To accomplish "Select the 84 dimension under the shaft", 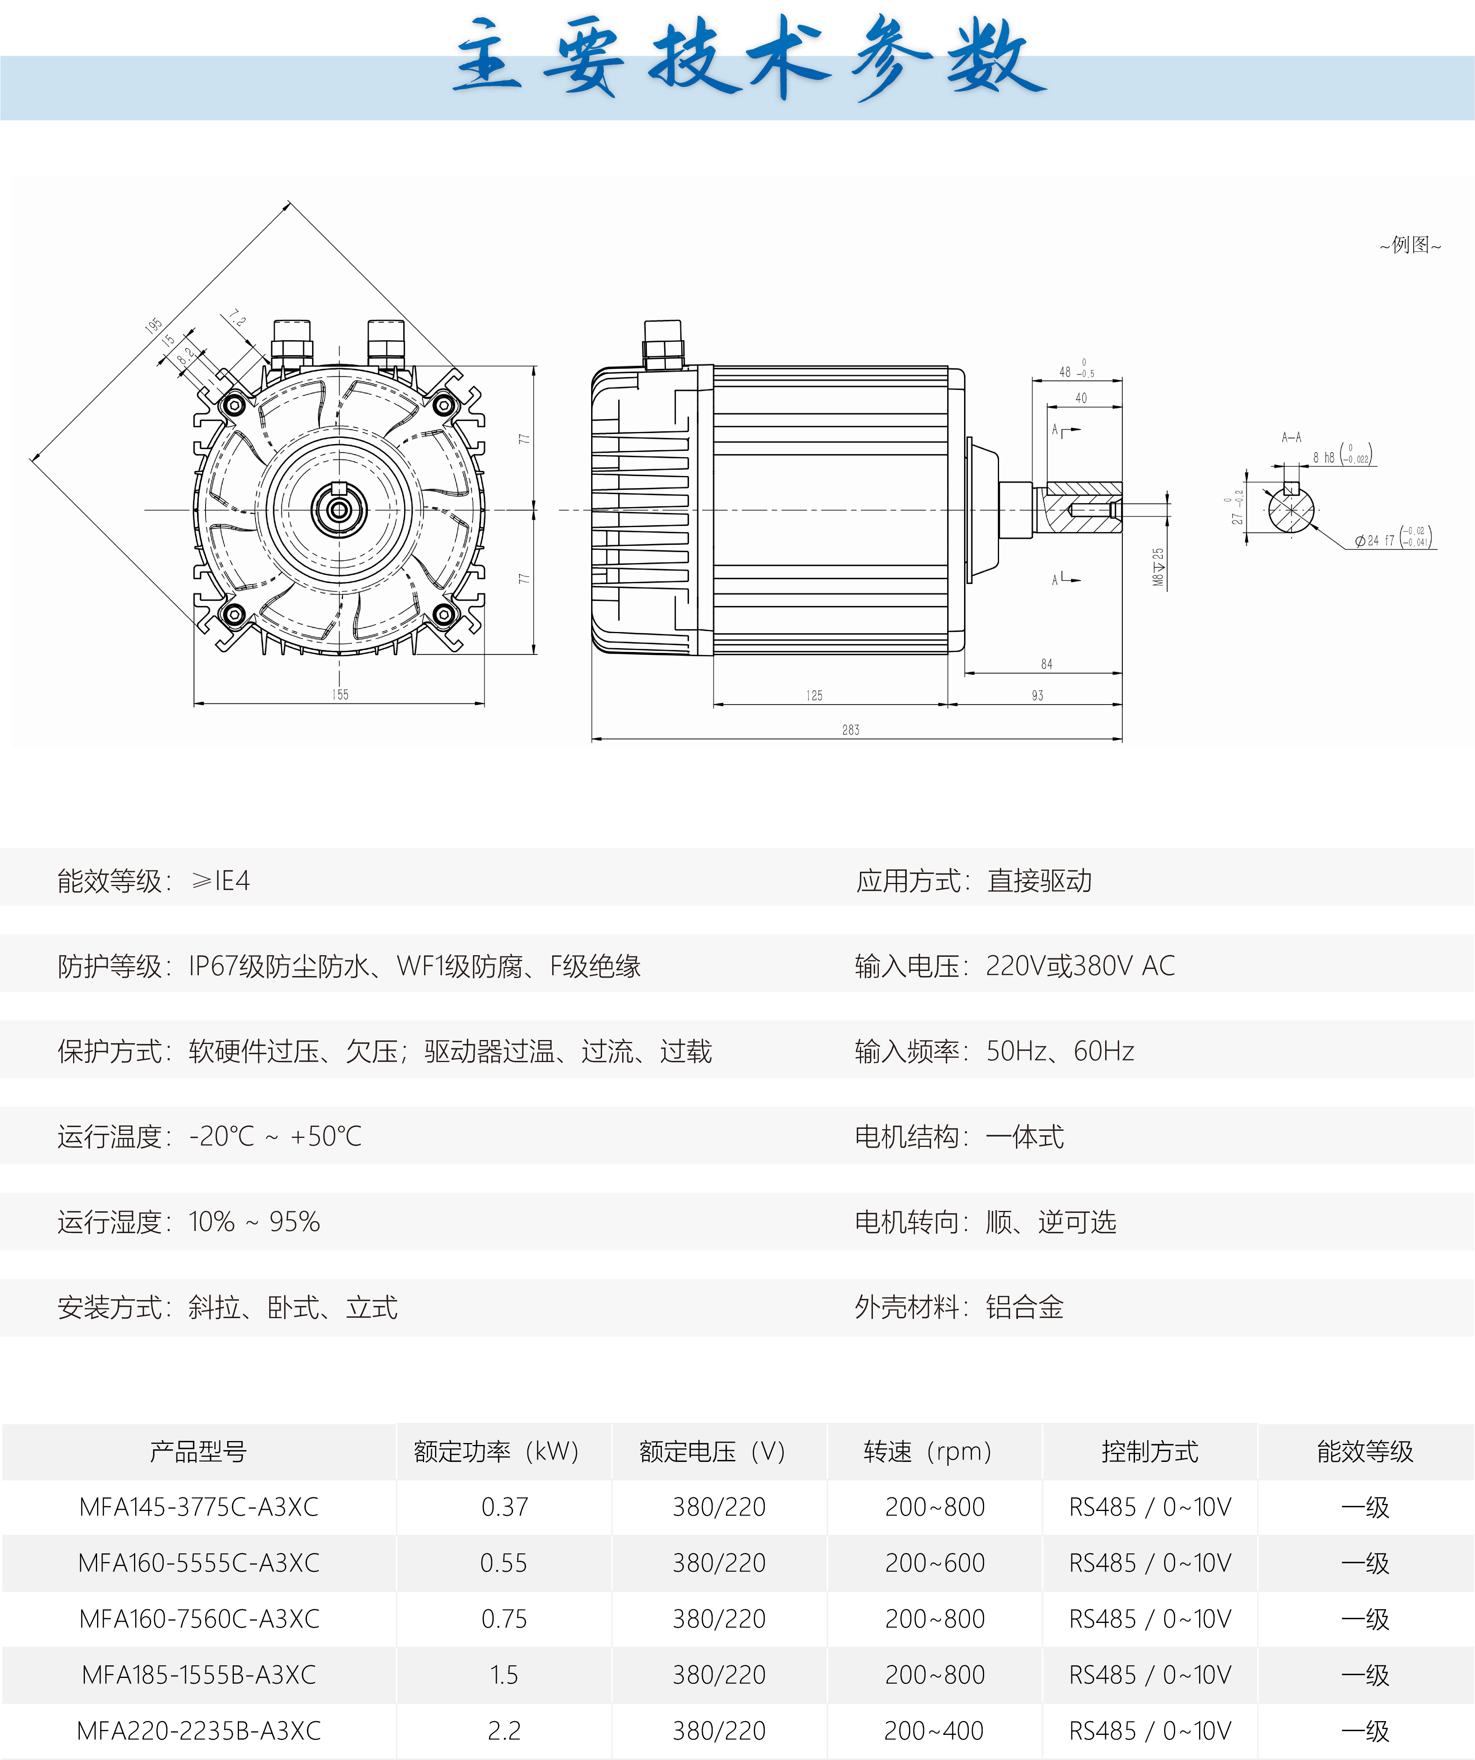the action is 1047,664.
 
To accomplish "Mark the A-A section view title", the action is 1291,437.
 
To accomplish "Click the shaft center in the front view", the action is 339,509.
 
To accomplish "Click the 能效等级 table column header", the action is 1365,1451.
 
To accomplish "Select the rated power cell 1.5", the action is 504,1674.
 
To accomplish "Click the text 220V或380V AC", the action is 1080,965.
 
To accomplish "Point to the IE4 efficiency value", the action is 221,880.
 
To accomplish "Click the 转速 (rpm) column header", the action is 928,1451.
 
